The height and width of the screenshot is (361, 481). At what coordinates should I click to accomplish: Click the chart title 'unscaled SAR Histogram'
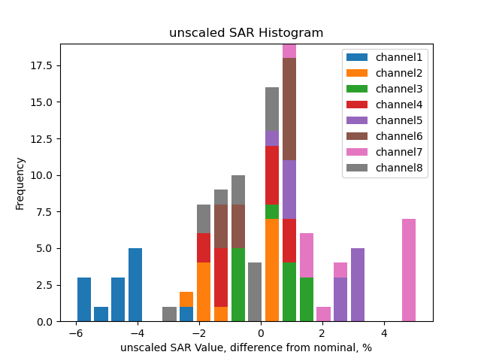click(246, 33)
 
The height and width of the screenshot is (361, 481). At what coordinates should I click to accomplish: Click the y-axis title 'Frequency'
click(20, 183)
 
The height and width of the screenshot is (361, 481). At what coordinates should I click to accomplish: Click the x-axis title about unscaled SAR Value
click(246, 347)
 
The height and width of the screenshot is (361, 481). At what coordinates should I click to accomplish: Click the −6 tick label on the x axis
click(74, 333)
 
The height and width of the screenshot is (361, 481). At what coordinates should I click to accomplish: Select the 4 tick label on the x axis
click(384, 333)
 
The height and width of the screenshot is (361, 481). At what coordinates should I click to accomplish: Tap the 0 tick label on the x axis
click(261, 333)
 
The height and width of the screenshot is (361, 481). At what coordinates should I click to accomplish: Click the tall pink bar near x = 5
click(409, 270)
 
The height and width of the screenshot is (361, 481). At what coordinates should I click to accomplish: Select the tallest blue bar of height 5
click(135, 285)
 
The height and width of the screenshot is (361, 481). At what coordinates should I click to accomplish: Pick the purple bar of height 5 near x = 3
click(358, 285)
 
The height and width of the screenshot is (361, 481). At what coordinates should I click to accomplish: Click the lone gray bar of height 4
click(255, 293)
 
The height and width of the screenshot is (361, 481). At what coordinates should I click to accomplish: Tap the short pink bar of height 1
click(323, 314)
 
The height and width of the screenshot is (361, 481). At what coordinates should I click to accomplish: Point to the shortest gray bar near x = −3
click(170, 314)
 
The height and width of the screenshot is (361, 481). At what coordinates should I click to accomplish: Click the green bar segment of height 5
click(238, 285)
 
